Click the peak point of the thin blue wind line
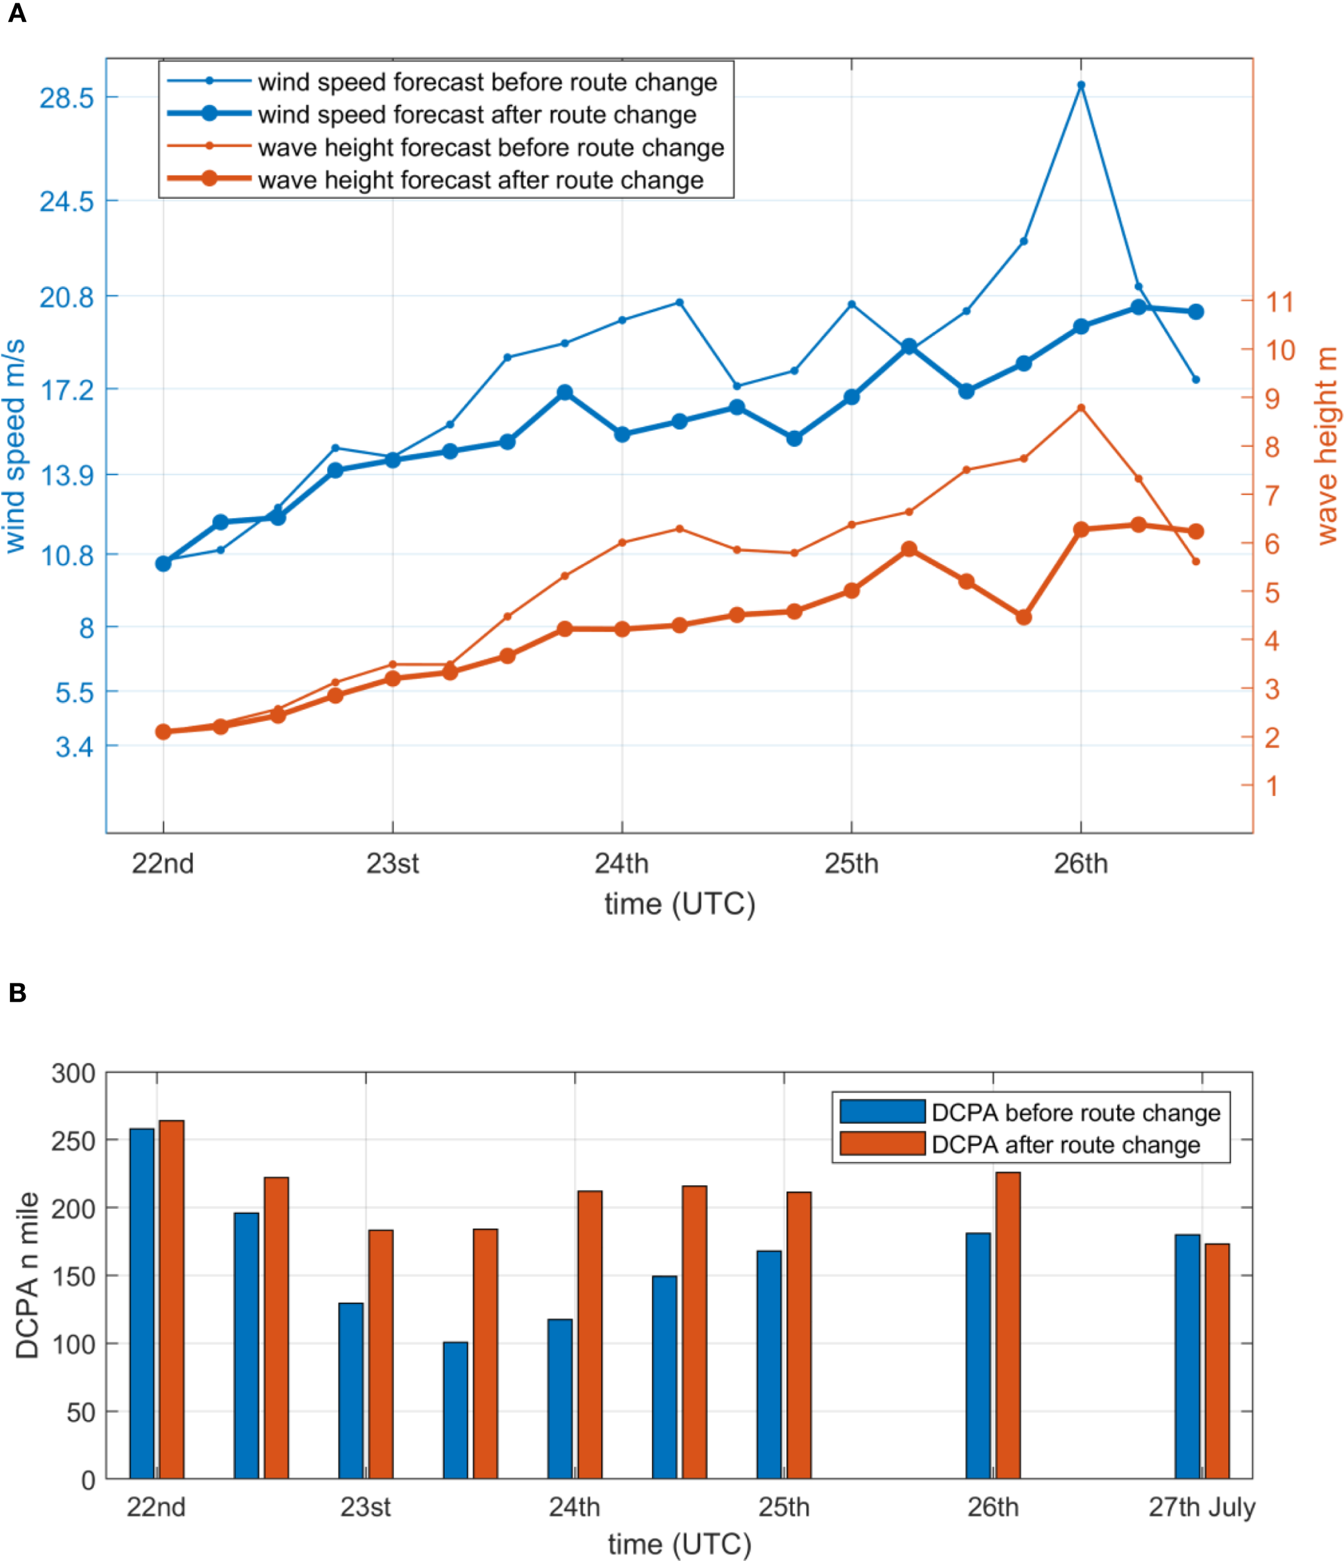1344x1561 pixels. coord(1080,85)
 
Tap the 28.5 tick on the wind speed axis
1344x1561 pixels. coord(66,98)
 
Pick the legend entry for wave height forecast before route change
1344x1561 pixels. coord(490,147)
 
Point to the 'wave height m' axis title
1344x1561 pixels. coord(1327,445)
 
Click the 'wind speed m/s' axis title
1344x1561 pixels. coord(15,446)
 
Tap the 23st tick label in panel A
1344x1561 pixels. coord(392,864)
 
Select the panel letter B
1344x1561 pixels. coord(17,993)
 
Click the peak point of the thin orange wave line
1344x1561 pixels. coord(1080,408)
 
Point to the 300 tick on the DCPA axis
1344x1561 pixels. coord(73,1073)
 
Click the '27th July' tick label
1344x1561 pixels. coord(1201,1507)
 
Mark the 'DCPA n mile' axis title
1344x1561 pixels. coord(27,1275)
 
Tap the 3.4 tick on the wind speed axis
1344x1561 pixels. coord(74,747)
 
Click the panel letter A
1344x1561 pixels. coord(17,13)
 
